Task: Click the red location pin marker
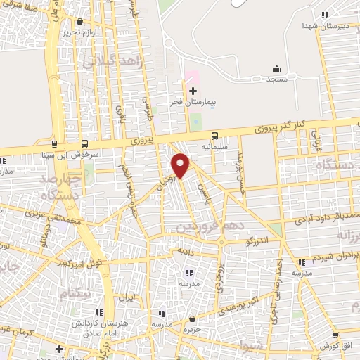pos(181,165)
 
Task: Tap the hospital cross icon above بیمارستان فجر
pos(193,91)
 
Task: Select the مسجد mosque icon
pos(276,69)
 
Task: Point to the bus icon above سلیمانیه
pos(214,136)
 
